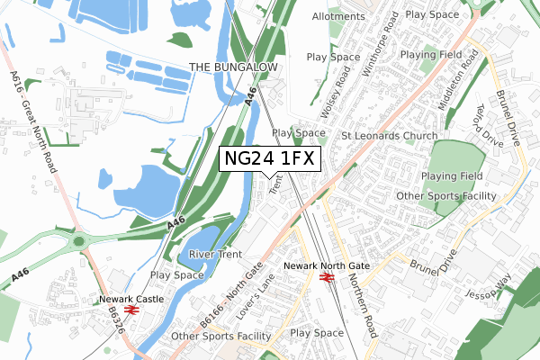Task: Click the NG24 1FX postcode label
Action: (269, 159)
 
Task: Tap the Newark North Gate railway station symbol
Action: (327, 278)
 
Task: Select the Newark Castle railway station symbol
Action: (131, 310)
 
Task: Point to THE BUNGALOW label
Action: (235, 67)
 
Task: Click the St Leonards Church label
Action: (389, 136)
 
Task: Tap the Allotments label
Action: (338, 17)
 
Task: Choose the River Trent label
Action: (216, 255)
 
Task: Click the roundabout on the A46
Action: (78, 241)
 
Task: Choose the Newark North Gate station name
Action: (326, 266)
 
